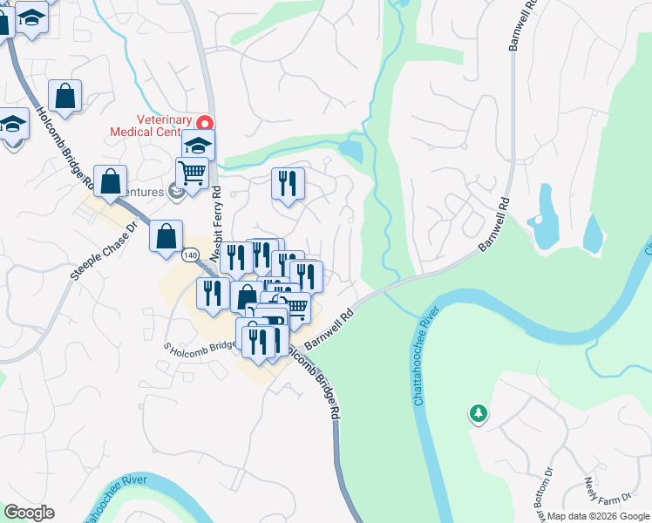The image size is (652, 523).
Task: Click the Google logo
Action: click(29, 513)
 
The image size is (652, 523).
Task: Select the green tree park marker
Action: click(477, 413)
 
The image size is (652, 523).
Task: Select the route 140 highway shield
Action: click(191, 255)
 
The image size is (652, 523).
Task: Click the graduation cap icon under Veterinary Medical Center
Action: click(199, 144)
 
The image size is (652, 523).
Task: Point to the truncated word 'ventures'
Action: click(143, 192)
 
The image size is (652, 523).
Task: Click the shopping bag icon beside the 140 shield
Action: click(166, 235)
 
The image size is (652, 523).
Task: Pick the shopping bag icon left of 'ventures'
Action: click(111, 181)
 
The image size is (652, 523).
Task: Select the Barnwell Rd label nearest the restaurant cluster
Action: click(327, 327)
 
